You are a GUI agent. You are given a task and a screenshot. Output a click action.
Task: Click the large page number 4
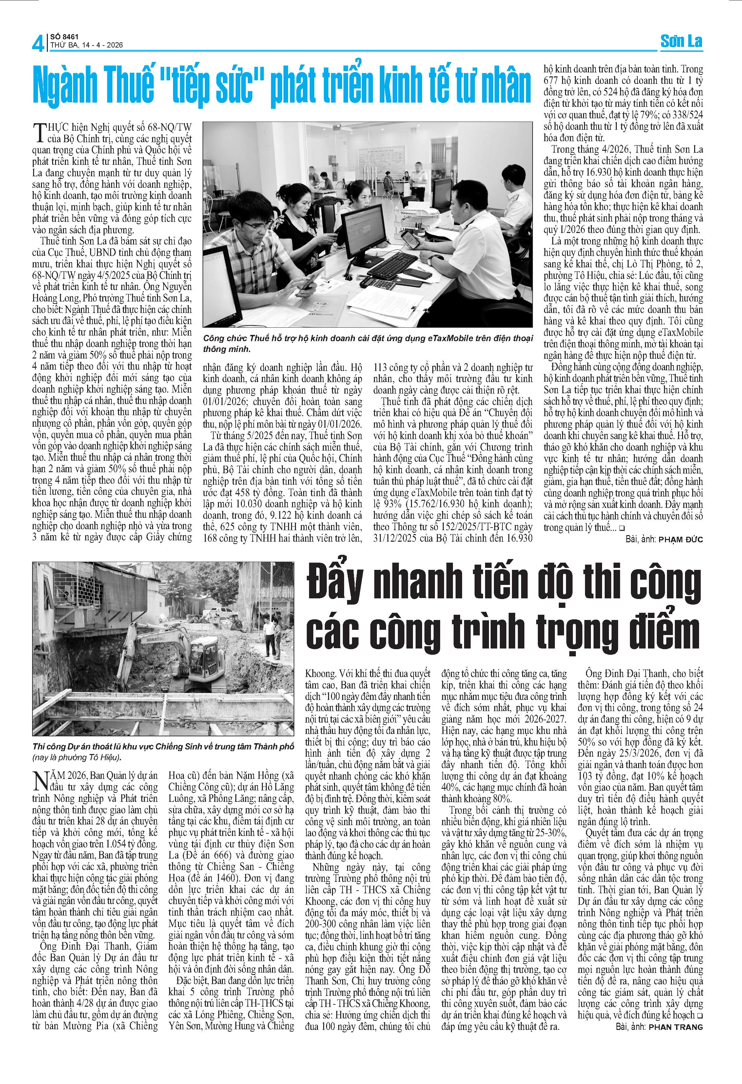tap(38, 43)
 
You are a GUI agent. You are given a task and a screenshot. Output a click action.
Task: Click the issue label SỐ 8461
tap(64, 36)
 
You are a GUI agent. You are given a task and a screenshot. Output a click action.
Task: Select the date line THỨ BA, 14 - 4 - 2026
tap(87, 45)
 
